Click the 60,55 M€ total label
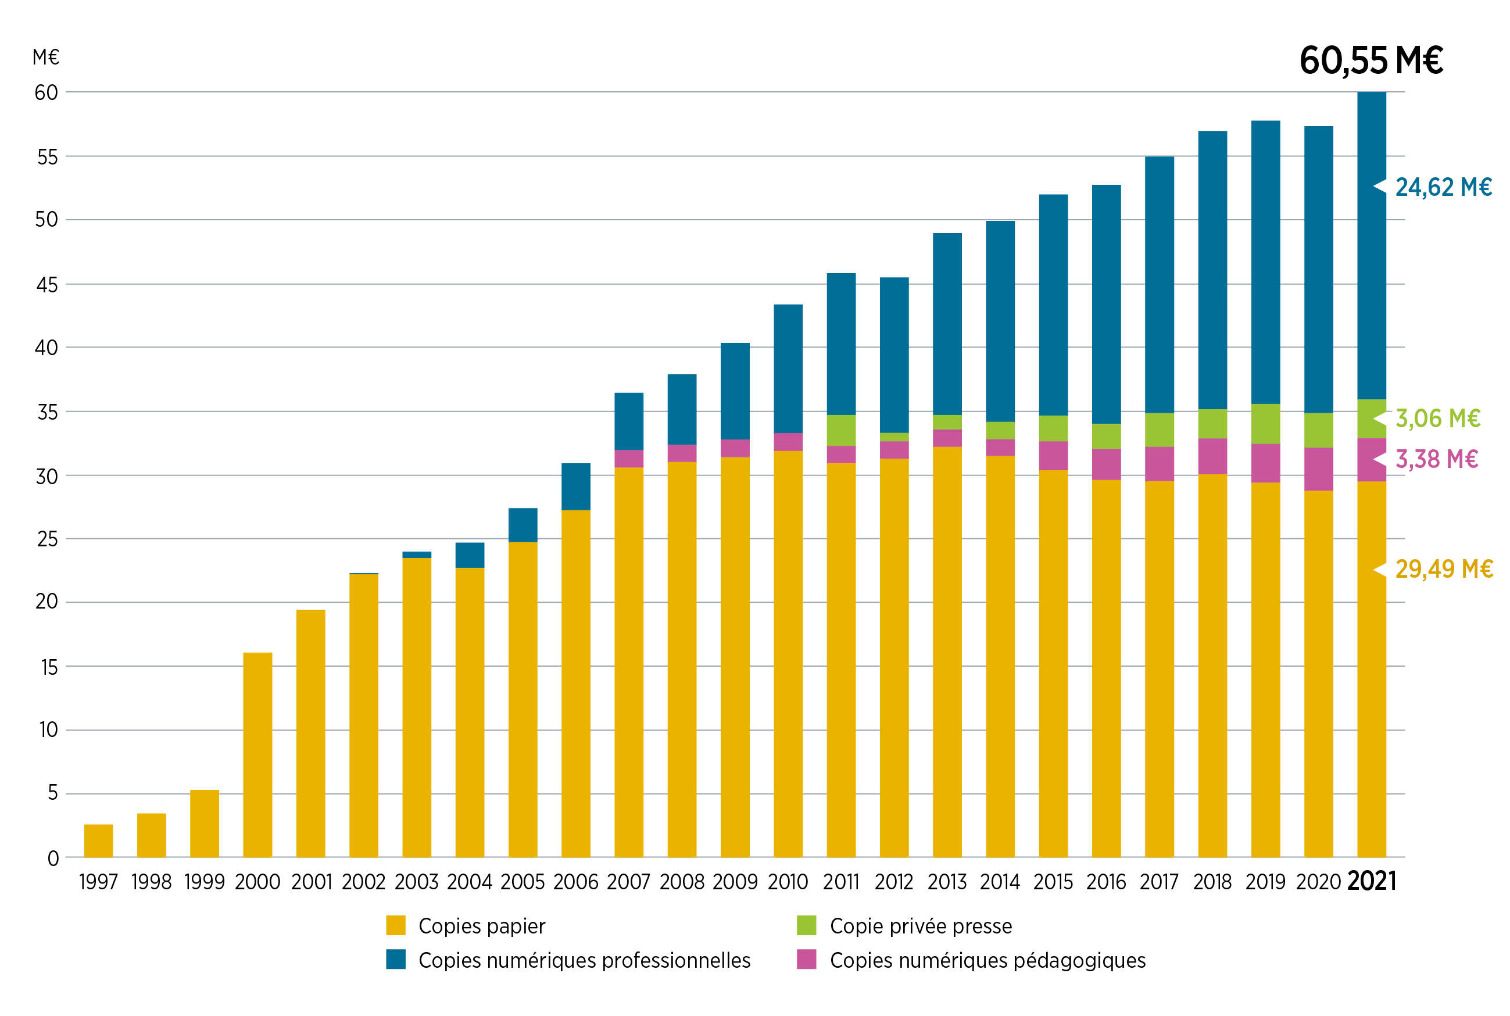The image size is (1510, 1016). pyautogui.click(x=1371, y=61)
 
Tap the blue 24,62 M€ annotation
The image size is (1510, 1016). pyautogui.click(x=1443, y=187)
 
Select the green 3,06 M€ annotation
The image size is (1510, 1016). pyautogui.click(x=1437, y=418)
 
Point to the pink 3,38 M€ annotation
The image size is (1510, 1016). pyautogui.click(x=1436, y=459)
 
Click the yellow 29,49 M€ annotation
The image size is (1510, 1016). pyautogui.click(x=1444, y=569)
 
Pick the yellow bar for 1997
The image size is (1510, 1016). pyautogui.click(x=98, y=841)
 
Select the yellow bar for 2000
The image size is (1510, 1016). pyautogui.click(x=258, y=755)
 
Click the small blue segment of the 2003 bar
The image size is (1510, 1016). pyautogui.click(x=417, y=554)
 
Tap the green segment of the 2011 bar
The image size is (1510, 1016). pyautogui.click(x=841, y=430)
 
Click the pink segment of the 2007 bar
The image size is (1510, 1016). pyautogui.click(x=629, y=459)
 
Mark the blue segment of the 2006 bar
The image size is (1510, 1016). pyautogui.click(x=576, y=486)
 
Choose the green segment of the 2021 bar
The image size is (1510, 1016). pyautogui.click(x=1371, y=418)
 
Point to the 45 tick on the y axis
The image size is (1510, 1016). pyautogui.click(x=46, y=284)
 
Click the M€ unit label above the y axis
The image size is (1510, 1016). pyautogui.click(x=46, y=57)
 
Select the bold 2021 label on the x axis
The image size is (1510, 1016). pyautogui.click(x=1371, y=881)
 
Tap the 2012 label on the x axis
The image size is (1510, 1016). pyautogui.click(x=894, y=882)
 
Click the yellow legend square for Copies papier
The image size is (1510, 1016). pyautogui.click(x=396, y=925)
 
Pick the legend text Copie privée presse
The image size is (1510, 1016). pyautogui.click(x=921, y=926)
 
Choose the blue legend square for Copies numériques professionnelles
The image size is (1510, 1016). pyautogui.click(x=396, y=959)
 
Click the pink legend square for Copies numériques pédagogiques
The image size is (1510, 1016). pyautogui.click(x=807, y=959)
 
